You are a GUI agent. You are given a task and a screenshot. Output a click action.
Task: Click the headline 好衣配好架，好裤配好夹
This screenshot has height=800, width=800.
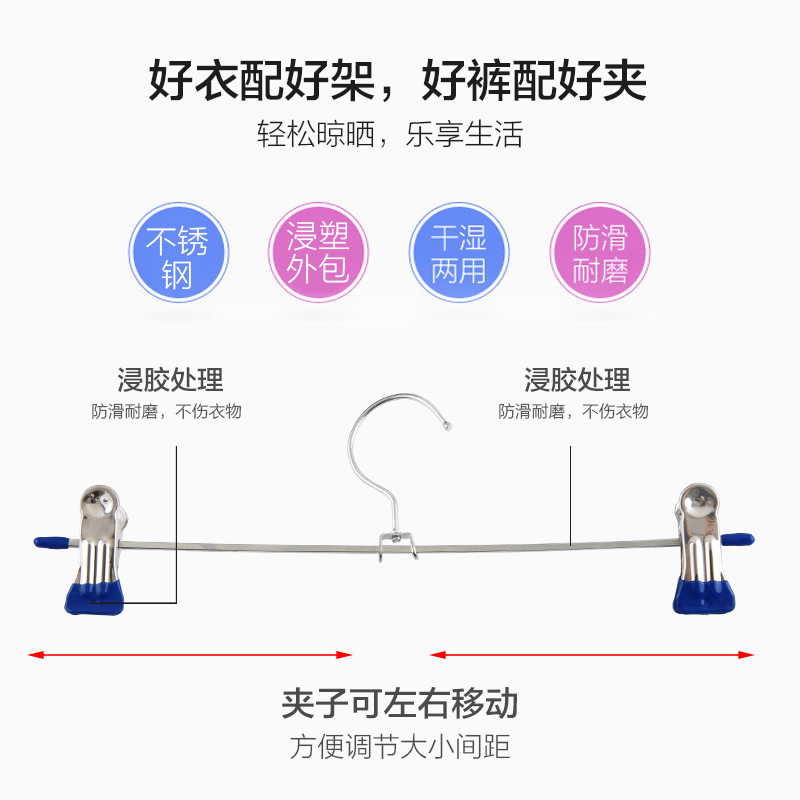point(399,80)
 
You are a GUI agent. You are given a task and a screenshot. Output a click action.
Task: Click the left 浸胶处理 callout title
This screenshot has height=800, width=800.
point(170,380)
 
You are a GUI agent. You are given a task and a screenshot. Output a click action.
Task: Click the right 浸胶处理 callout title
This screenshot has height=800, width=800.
point(577,380)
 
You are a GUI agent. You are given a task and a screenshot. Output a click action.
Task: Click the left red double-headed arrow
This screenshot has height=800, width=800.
point(190,656)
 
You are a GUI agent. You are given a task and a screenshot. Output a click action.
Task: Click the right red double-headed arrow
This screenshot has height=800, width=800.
point(592,656)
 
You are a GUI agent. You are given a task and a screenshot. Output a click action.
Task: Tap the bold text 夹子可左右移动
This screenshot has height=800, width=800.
point(399,703)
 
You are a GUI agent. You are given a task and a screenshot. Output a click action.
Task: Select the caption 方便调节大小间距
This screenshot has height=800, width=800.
point(399,746)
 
